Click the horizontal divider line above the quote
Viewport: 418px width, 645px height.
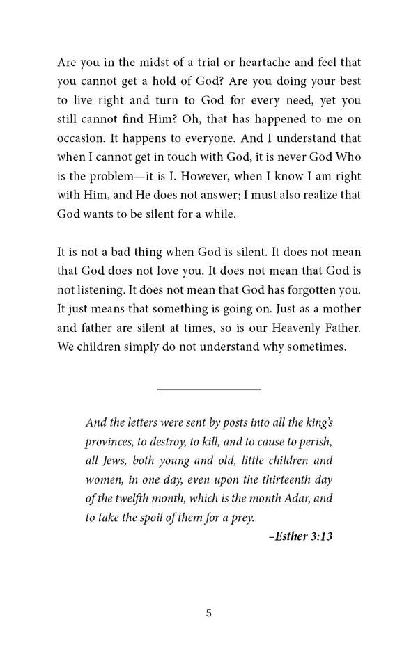pyautogui.click(x=209, y=389)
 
